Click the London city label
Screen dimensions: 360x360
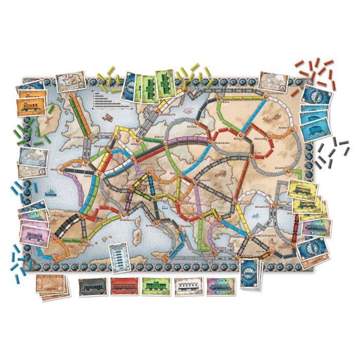tap(79, 138)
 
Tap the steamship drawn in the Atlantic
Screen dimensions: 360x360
tap(52, 191)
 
